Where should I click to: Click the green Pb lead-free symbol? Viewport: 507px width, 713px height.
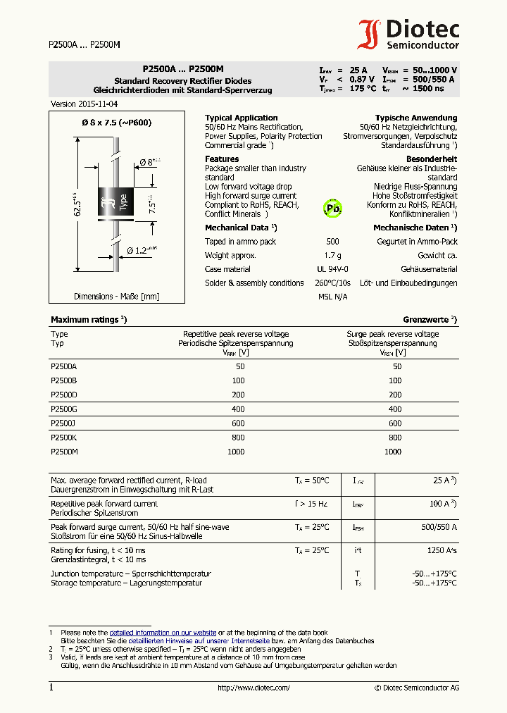(x=332, y=209)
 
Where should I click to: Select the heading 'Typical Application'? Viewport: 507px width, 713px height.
(x=241, y=118)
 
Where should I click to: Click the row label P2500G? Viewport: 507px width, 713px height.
(x=64, y=409)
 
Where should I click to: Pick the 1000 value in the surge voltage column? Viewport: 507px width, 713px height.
(x=393, y=452)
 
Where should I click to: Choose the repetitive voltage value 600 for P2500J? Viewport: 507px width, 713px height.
(x=238, y=423)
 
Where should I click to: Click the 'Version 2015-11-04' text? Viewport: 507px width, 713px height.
(x=84, y=104)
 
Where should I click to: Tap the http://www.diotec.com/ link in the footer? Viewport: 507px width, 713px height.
(x=254, y=688)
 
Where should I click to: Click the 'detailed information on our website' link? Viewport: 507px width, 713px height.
(x=163, y=633)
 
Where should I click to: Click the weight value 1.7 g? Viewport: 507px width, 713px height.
(x=332, y=255)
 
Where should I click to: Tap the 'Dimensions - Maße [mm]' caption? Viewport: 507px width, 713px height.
(x=117, y=297)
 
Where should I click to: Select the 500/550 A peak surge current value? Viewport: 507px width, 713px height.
(x=439, y=527)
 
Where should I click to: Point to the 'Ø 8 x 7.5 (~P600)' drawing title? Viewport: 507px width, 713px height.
(x=117, y=123)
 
